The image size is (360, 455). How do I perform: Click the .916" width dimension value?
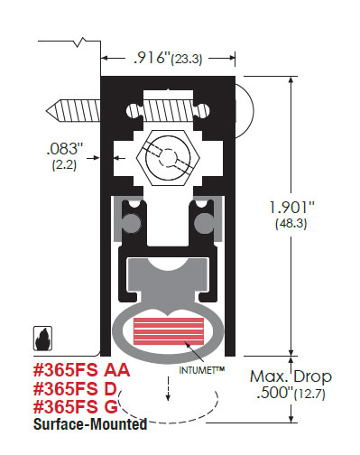coord(152,58)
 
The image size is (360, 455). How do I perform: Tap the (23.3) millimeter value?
coord(187,59)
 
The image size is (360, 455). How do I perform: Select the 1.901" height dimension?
coord(291,208)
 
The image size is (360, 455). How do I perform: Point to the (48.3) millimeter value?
coord(291,224)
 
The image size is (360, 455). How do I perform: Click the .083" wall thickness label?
coord(65,149)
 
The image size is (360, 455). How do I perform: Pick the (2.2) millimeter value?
coord(64,164)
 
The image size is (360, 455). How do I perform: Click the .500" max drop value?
coord(275,392)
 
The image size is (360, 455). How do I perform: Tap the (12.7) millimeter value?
coord(309,394)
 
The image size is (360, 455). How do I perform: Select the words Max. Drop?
coord(291,376)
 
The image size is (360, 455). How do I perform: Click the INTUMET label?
coord(202,370)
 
